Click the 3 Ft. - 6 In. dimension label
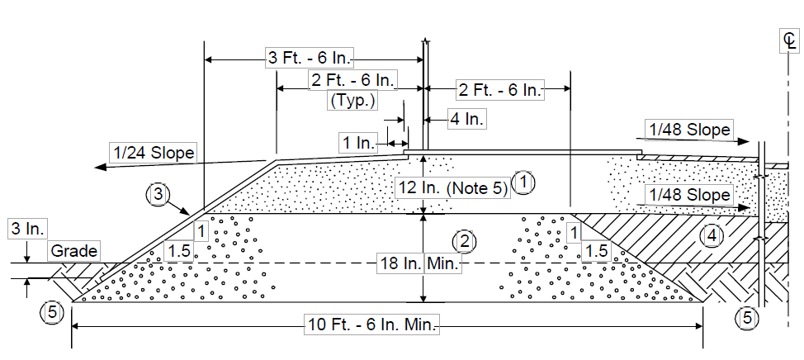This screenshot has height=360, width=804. pos(310,58)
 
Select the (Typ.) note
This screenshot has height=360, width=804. pos(352,101)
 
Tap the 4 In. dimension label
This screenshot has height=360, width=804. pos(466,120)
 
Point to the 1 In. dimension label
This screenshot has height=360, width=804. pos(358,142)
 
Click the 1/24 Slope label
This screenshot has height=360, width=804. pos(153,152)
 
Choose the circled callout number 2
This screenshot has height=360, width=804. pos(465,242)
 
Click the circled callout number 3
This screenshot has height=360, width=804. pos(157,195)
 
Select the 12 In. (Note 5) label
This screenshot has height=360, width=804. pos(452,188)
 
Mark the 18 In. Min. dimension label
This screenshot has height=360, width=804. pos(419,263)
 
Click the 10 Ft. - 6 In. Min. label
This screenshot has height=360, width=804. pos(372,324)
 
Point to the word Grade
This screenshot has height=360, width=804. pos(74,251)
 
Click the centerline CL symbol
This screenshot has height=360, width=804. pos(790,41)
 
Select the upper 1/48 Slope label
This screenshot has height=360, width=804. pos(690,130)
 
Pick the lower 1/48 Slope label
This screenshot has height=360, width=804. pos(690,195)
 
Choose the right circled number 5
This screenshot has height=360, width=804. pos(746,318)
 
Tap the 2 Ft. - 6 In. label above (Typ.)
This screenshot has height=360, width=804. pos(352,81)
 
